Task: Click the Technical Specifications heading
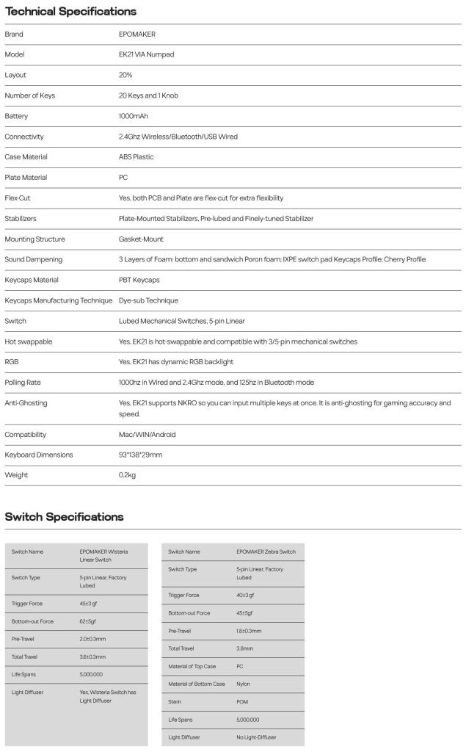pos(70,12)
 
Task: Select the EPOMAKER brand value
pos(137,35)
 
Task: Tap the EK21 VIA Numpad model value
pos(147,55)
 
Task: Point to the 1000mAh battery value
pos(134,116)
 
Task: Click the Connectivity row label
pos(24,137)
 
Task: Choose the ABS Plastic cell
pos(136,157)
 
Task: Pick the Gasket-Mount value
pos(141,239)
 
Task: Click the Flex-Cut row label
pos(18,198)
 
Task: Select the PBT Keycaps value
pos(139,280)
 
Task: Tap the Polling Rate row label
pos(23,383)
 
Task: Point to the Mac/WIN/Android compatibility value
pos(147,435)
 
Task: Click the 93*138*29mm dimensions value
pos(140,455)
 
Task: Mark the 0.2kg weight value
pos(127,475)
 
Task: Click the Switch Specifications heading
pos(64,517)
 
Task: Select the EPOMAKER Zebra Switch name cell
pos(266,552)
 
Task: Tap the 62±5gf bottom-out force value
pos(87,621)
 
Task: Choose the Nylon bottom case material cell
pos(243,684)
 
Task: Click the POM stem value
pos(242,702)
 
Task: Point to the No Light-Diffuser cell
pos(256,737)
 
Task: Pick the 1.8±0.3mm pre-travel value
pos(249,631)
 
